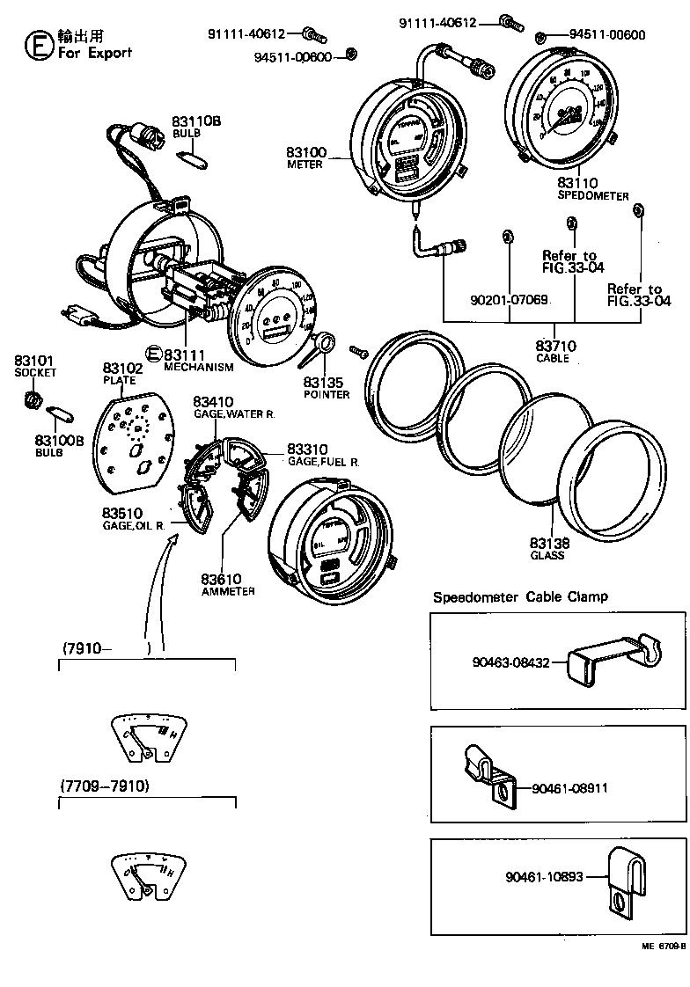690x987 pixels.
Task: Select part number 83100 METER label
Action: (305, 157)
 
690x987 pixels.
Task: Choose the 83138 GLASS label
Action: (547, 549)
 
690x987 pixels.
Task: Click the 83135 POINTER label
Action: (326, 387)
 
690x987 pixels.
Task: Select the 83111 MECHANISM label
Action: (198, 360)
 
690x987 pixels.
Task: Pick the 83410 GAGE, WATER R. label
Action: (232, 406)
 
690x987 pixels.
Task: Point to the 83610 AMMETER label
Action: (227, 585)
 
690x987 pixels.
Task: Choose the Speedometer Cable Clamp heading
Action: (519, 597)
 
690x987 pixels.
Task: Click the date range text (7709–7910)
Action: (105, 785)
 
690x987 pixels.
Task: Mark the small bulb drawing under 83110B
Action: (193, 157)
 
